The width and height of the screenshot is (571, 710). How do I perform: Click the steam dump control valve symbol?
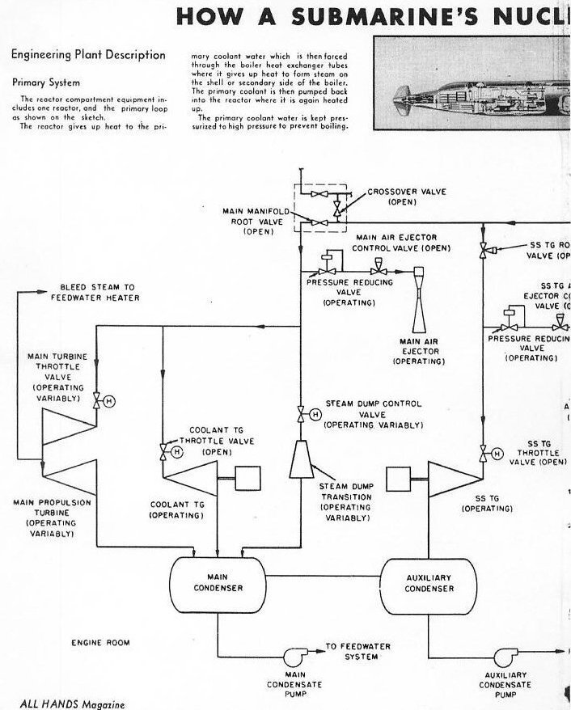(301, 415)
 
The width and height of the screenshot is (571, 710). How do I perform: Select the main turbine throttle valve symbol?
(97, 400)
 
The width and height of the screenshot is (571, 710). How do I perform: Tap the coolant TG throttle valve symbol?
(164, 450)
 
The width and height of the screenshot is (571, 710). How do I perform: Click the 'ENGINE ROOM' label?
(101, 643)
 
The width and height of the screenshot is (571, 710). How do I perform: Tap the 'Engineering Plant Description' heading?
(87, 55)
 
